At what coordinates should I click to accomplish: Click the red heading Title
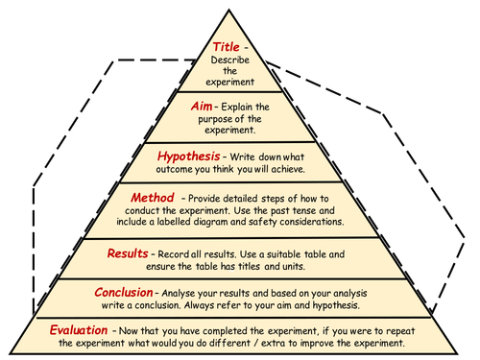coord(226,46)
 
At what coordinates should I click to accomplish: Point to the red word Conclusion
coord(125,292)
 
